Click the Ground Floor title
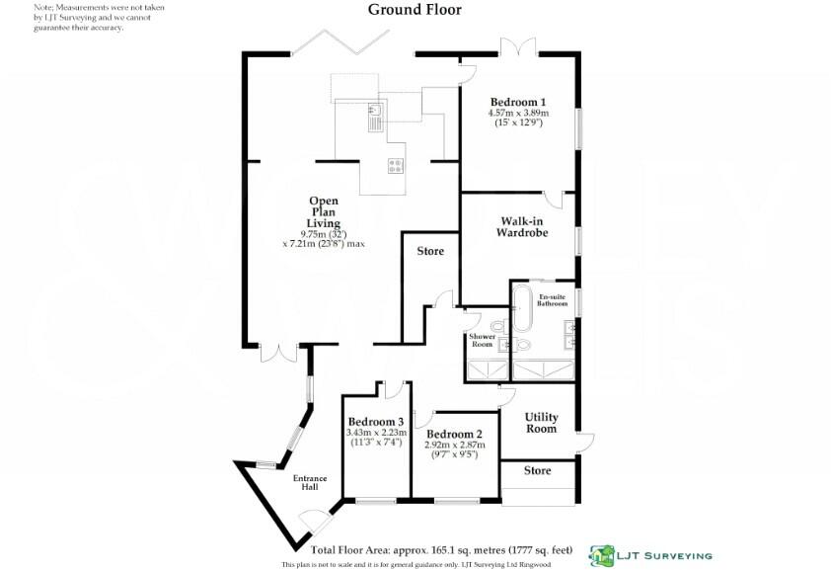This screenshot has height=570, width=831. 415,10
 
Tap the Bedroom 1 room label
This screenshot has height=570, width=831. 518,102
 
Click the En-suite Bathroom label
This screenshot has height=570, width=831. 553,299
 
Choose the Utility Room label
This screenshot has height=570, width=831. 541,423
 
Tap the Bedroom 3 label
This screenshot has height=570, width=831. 375,422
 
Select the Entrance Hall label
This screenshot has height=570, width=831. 310,483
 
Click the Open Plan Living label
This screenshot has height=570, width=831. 325,212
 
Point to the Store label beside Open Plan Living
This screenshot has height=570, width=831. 430,251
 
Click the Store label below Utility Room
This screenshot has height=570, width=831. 537,471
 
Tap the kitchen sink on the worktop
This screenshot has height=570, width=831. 375,118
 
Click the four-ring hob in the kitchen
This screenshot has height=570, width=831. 396,166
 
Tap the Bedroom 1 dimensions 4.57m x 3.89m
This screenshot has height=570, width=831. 518,114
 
